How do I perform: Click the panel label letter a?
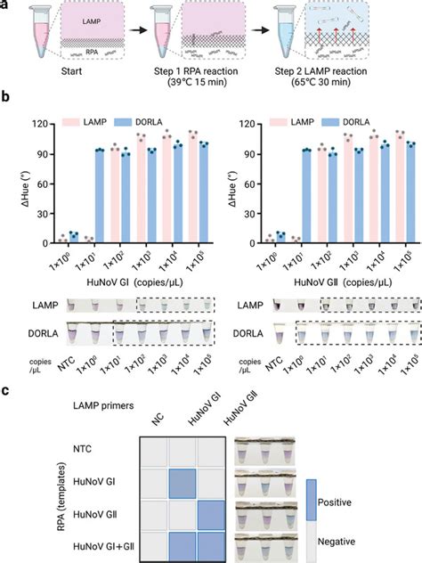[6, 6]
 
